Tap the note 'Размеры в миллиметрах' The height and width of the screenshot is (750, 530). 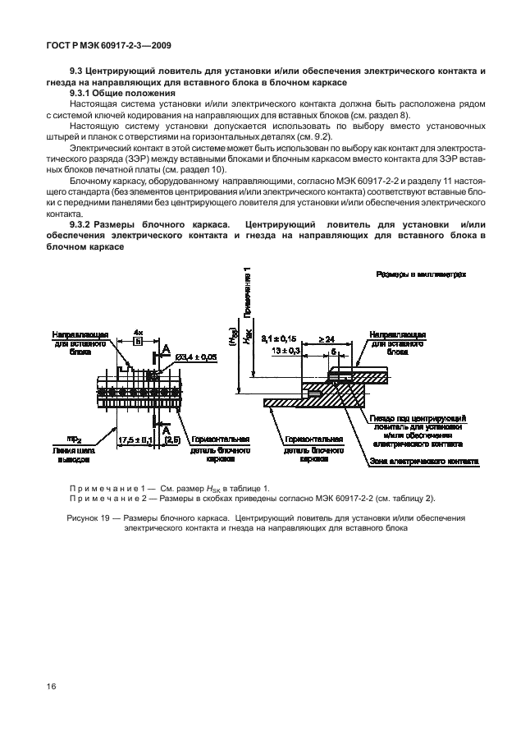tap(421, 276)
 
